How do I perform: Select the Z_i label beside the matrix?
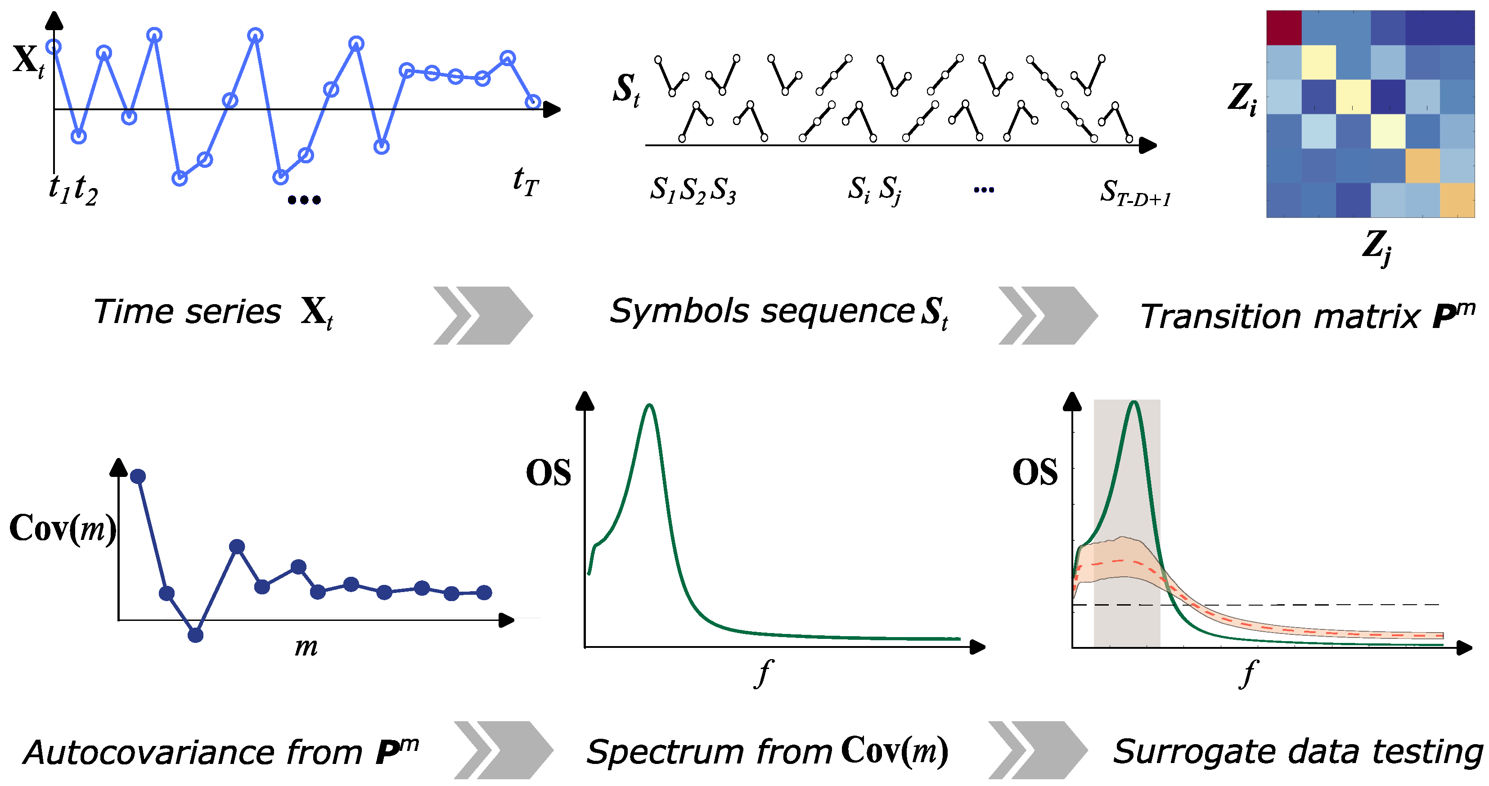pos(1242,99)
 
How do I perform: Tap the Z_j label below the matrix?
pos(1377,247)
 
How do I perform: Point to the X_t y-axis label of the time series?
pos(28,60)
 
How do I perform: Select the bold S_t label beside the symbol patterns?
pos(626,90)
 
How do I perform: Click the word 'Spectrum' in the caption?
pos(665,752)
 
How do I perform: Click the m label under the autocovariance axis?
pos(306,647)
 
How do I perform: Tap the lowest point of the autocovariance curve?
pos(195,635)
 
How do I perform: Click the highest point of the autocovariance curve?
pos(138,476)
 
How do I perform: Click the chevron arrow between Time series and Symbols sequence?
pos(483,315)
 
